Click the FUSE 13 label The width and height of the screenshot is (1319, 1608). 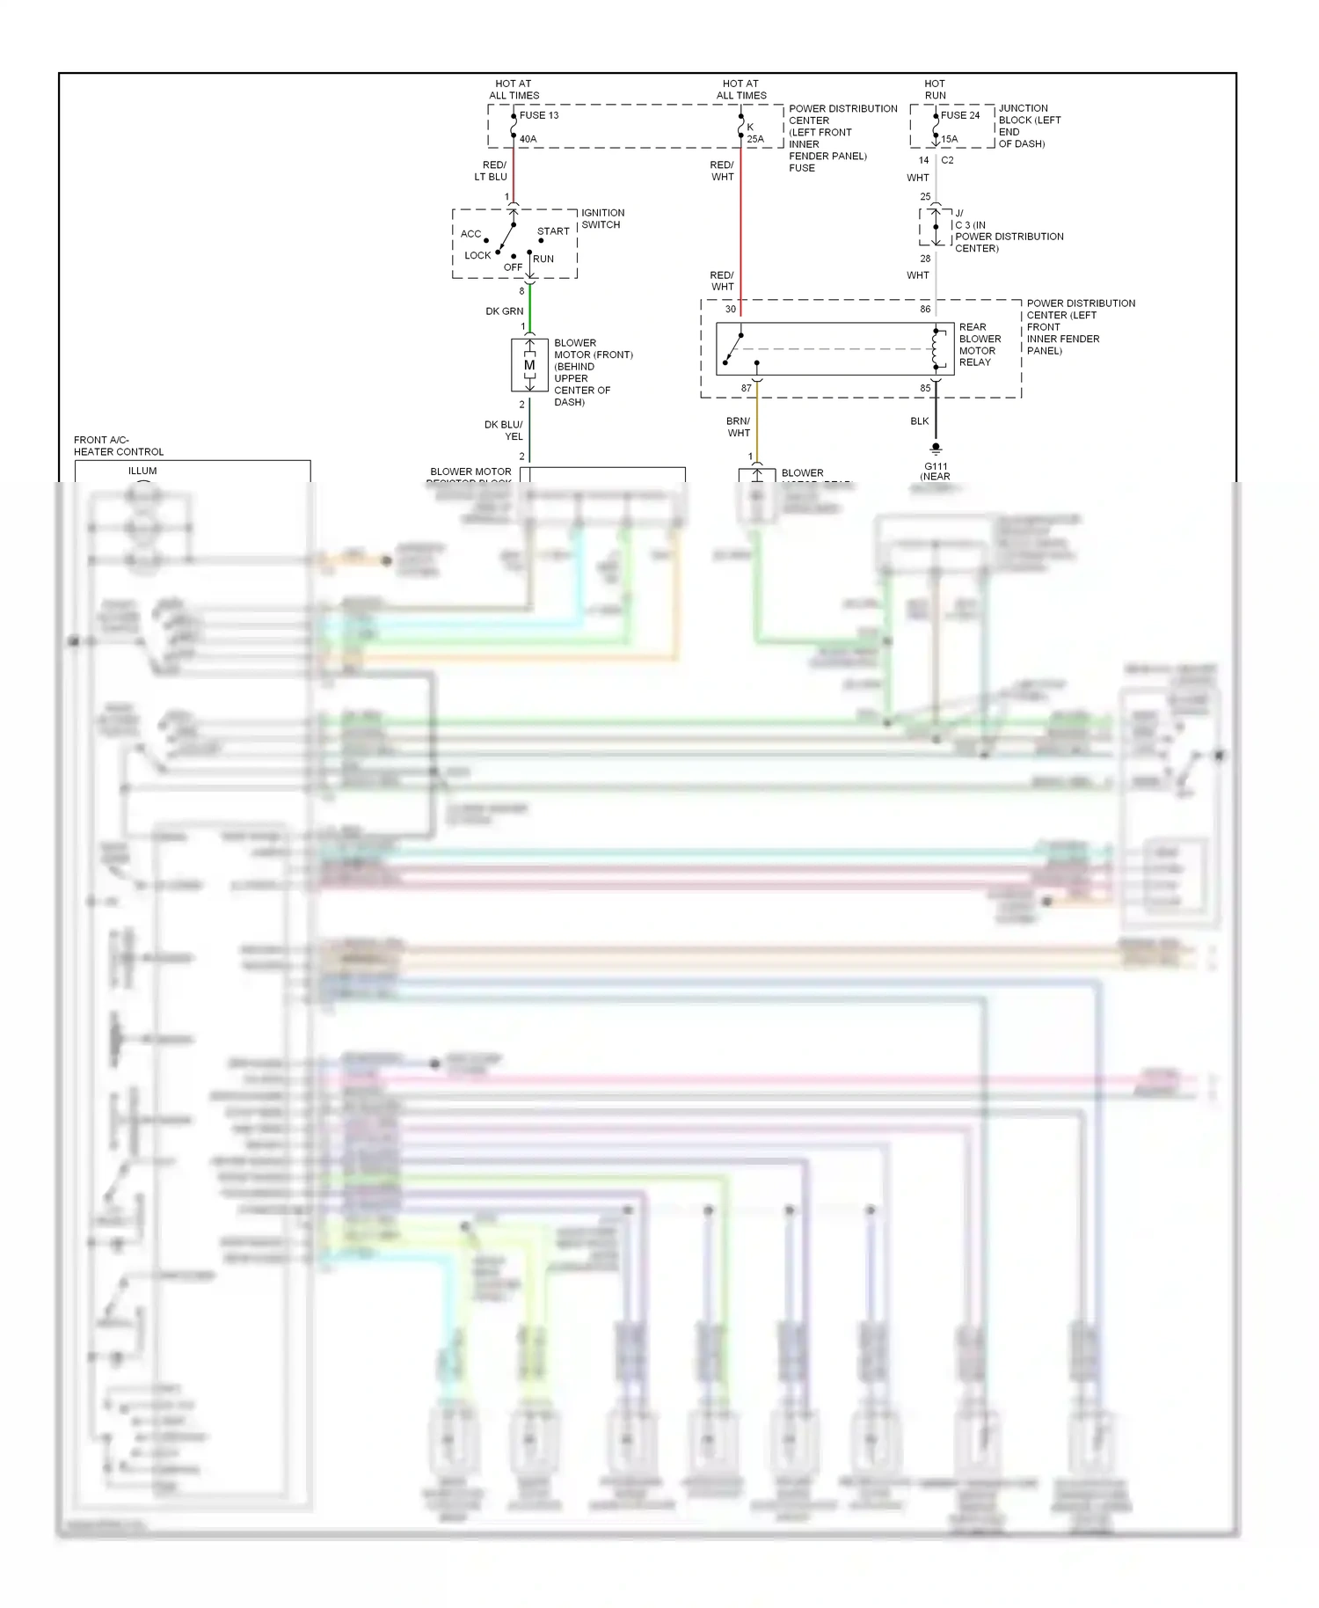point(538,115)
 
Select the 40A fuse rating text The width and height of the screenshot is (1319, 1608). point(528,139)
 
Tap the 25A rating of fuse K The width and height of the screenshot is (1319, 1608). point(755,139)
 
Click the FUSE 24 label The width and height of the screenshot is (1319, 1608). point(959,115)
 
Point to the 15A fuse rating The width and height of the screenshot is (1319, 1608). point(949,139)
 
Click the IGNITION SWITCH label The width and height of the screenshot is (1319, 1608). point(602,218)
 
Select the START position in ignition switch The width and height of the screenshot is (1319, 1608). point(553,231)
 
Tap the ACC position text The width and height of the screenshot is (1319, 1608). point(470,234)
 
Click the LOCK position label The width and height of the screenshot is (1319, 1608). point(477,255)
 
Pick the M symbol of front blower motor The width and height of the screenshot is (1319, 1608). point(529,365)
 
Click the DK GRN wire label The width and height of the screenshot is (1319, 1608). point(504,311)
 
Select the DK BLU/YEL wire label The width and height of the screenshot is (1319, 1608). point(503,430)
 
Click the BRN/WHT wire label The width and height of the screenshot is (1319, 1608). point(739,427)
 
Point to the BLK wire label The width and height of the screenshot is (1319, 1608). point(919,421)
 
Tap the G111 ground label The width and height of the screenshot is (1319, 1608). point(936,467)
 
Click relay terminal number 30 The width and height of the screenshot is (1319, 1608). point(730,310)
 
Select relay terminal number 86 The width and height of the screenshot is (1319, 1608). point(925,310)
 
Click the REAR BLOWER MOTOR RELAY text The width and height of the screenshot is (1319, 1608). point(980,344)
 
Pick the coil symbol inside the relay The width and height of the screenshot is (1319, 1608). point(938,349)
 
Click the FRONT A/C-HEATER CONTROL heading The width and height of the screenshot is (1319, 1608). point(118,446)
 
